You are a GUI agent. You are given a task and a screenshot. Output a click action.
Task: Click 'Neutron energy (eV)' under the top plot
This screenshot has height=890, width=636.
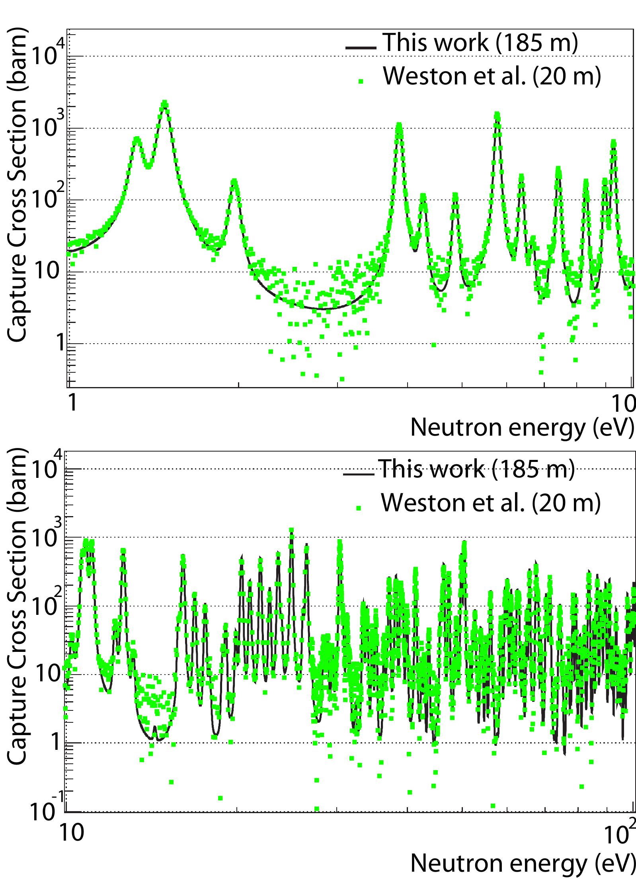(521, 427)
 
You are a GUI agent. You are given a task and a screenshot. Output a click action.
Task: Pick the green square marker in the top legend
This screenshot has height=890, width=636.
(361, 81)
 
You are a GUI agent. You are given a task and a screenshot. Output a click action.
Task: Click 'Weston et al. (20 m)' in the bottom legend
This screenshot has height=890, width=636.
(490, 503)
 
